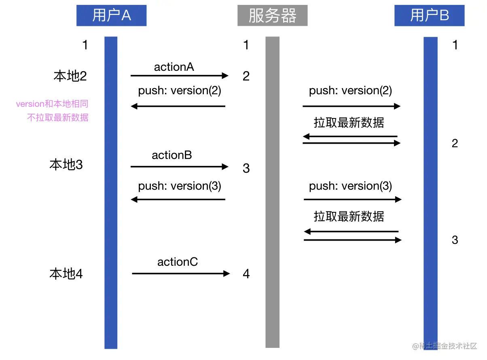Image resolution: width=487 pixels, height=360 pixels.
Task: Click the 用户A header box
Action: click(x=111, y=15)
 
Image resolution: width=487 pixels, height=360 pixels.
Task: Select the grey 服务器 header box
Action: click(x=272, y=16)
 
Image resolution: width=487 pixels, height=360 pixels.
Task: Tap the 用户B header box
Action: click(x=429, y=15)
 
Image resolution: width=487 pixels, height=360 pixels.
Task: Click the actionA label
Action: click(x=174, y=67)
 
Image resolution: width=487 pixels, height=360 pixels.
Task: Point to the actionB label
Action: click(x=172, y=155)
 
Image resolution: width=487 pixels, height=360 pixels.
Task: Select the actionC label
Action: click(x=178, y=262)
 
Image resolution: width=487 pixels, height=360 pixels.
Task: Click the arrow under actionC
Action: click(x=181, y=274)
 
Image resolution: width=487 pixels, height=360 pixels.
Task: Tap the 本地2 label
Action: click(x=70, y=76)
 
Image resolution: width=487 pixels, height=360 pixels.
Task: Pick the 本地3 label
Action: click(x=66, y=165)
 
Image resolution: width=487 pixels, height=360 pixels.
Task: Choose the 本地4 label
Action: click(x=66, y=274)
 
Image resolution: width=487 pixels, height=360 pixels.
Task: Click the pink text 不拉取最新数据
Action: click(x=57, y=118)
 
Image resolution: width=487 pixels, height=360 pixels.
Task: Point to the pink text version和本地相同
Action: click(x=52, y=104)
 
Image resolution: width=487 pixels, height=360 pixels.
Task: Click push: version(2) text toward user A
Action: click(x=180, y=91)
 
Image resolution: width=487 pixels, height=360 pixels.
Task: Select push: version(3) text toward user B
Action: click(x=350, y=186)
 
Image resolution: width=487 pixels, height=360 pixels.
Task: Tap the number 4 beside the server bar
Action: click(x=246, y=274)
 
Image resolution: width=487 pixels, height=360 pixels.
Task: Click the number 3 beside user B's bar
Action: click(x=455, y=240)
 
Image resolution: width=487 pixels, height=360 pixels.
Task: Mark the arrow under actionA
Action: click(x=180, y=76)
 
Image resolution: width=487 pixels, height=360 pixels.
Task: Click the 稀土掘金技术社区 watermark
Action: click(x=445, y=346)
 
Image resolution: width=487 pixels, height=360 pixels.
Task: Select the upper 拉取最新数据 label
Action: click(x=349, y=123)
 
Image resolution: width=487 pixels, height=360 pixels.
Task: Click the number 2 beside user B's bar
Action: click(x=455, y=143)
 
